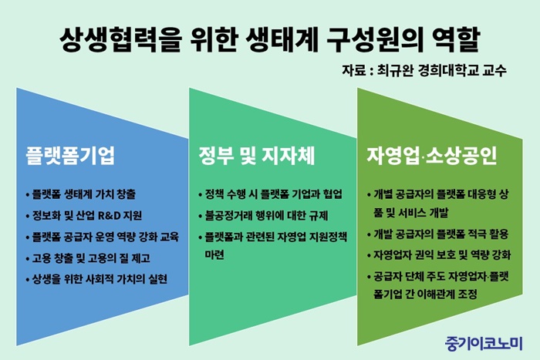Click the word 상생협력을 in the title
[120, 39]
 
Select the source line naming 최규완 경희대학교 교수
[424, 70]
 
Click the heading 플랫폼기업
[70, 156]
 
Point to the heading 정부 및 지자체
[257, 156]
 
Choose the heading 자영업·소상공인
[431, 156]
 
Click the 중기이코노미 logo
[484, 343]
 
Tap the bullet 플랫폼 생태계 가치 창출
[81, 194]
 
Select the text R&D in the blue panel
[110, 216]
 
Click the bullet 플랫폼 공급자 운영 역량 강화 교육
[103, 237]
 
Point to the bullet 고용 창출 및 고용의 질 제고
[88, 258]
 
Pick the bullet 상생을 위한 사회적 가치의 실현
[96, 279]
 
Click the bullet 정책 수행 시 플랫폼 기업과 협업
[270, 194]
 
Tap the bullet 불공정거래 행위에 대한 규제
[263, 216]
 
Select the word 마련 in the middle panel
[214, 255]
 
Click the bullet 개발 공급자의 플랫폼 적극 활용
[438, 234]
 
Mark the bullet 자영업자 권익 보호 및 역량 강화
[439, 255]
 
